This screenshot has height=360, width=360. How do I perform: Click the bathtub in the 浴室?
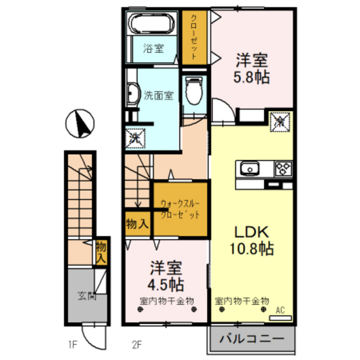point(152,24)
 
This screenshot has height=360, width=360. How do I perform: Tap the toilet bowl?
point(194,91)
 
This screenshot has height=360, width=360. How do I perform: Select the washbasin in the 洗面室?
point(133,93)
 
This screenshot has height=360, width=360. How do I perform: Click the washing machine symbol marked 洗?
point(135,138)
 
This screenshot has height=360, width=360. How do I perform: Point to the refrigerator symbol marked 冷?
point(280,122)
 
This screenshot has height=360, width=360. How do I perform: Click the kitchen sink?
point(250,169)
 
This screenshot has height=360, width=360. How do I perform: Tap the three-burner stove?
point(283,168)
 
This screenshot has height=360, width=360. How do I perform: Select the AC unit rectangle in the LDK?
point(280,318)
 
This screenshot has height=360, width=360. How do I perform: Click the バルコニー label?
point(252,339)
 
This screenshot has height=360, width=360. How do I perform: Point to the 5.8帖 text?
point(251,77)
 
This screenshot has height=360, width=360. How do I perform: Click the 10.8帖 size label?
point(251,249)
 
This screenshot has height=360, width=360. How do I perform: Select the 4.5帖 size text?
point(165,284)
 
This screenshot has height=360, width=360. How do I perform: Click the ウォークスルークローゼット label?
point(180,209)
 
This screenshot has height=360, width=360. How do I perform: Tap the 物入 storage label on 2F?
point(138,224)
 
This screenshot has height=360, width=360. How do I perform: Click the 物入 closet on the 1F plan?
point(101,253)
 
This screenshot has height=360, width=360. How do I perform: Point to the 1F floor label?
point(73,345)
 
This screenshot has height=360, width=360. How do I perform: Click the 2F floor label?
point(137,345)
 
